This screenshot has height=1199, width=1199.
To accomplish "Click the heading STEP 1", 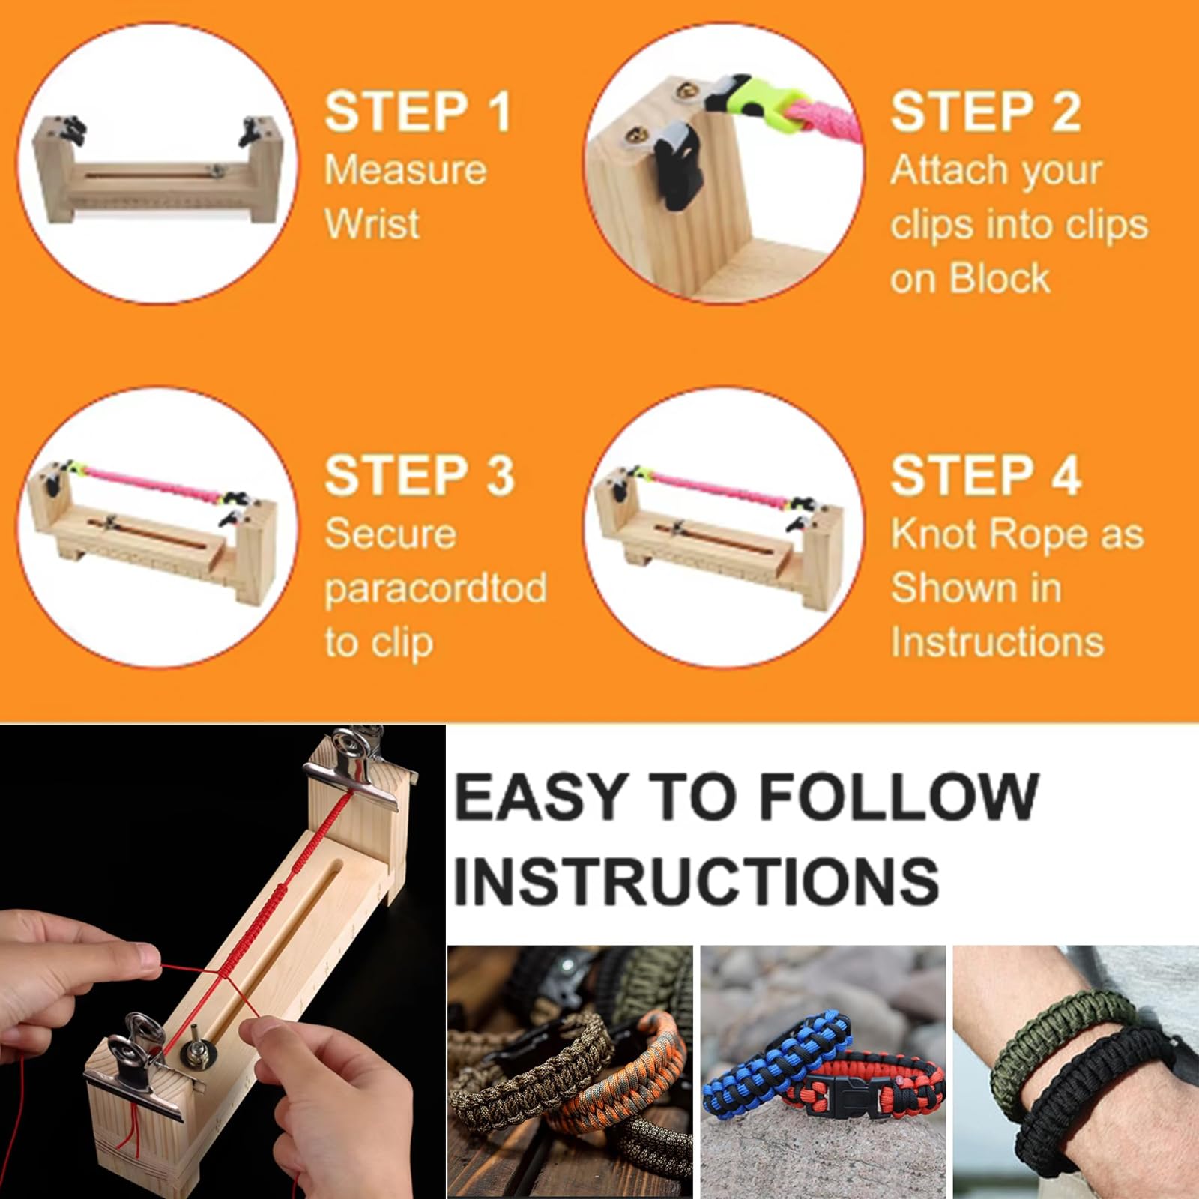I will (417, 112).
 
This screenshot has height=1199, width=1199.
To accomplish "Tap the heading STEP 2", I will (985, 112).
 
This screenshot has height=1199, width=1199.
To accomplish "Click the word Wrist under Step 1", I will (371, 223).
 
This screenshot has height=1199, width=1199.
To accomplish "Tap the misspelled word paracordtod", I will (435, 588).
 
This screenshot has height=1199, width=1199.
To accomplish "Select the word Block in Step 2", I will (1000, 279).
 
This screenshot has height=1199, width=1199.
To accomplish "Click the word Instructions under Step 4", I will (997, 642).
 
